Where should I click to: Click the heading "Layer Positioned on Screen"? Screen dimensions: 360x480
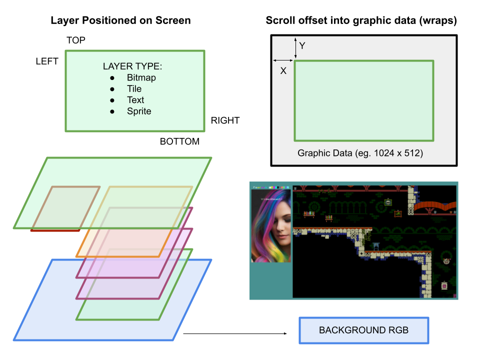[x=120, y=20]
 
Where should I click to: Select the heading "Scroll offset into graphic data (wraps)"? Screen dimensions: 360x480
[x=361, y=20]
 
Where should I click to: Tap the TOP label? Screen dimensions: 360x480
[x=76, y=40]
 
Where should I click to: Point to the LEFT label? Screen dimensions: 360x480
[x=47, y=61]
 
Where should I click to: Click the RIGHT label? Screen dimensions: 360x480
[x=225, y=120]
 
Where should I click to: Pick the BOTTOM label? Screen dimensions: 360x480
[x=179, y=141]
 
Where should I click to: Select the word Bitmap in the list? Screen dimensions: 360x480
[x=141, y=77]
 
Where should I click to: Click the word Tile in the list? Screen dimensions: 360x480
[x=134, y=88]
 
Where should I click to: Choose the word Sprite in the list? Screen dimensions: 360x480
[x=139, y=111]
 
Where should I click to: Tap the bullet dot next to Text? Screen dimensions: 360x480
[x=112, y=100]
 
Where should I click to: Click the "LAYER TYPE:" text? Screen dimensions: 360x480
[x=132, y=66]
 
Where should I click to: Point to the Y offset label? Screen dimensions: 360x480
[x=302, y=46]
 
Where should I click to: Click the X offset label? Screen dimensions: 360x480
[x=283, y=71]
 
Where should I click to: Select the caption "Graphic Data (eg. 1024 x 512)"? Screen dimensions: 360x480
[x=360, y=153]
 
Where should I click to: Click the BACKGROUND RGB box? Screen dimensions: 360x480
[x=363, y=330]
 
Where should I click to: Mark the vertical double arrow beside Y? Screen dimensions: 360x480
[x=295, y=48]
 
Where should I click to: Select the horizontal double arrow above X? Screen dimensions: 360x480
[x=282, y=61]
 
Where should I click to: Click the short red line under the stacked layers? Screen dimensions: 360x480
[x=55, y=230]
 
